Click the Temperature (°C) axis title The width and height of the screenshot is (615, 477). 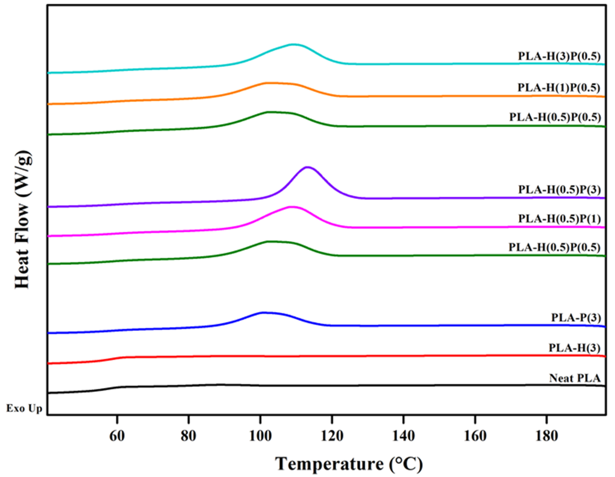pyautogui.click(x=349, y=464)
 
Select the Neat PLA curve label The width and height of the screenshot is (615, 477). pyautogui.click(x=575, y=378)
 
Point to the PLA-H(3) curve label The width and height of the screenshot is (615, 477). pyautogui.click(x=575, y=348)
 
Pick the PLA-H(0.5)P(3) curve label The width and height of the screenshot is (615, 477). pyautogui.click(x=559, y=190)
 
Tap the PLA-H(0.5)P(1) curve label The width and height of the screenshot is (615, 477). pyautogui.click(x=559, y=219)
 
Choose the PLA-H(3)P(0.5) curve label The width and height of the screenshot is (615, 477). pyautogui.click(x=559, y=56)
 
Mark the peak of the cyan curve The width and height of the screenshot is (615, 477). pyautogui.click(x=294, y=44)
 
